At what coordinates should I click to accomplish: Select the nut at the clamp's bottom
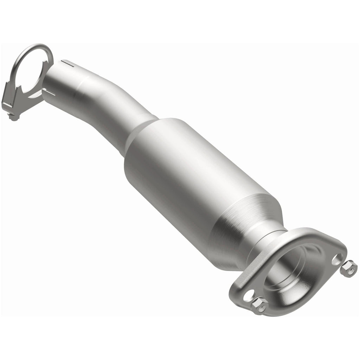(14, 117)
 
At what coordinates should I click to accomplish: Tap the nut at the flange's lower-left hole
(259, 305)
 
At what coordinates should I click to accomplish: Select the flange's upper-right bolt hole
(337, 259)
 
